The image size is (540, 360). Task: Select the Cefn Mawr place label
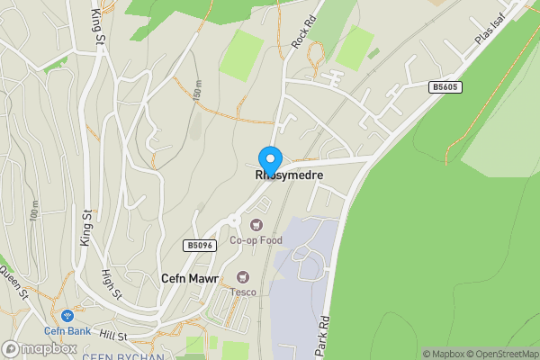(x=189, y=279)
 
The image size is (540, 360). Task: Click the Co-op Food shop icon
(x=256, y=223)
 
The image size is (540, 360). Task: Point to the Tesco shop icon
(x=242, y=276)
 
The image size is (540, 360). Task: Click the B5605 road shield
(x=444, y=86)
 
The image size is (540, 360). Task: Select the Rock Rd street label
(x=303, y=32)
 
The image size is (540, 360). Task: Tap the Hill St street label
(x=113, y=334)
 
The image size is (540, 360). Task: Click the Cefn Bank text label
(x=67, y=330)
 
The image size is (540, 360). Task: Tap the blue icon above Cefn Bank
(x=67, y=316)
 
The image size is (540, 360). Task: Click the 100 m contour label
(x=33, y=211)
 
